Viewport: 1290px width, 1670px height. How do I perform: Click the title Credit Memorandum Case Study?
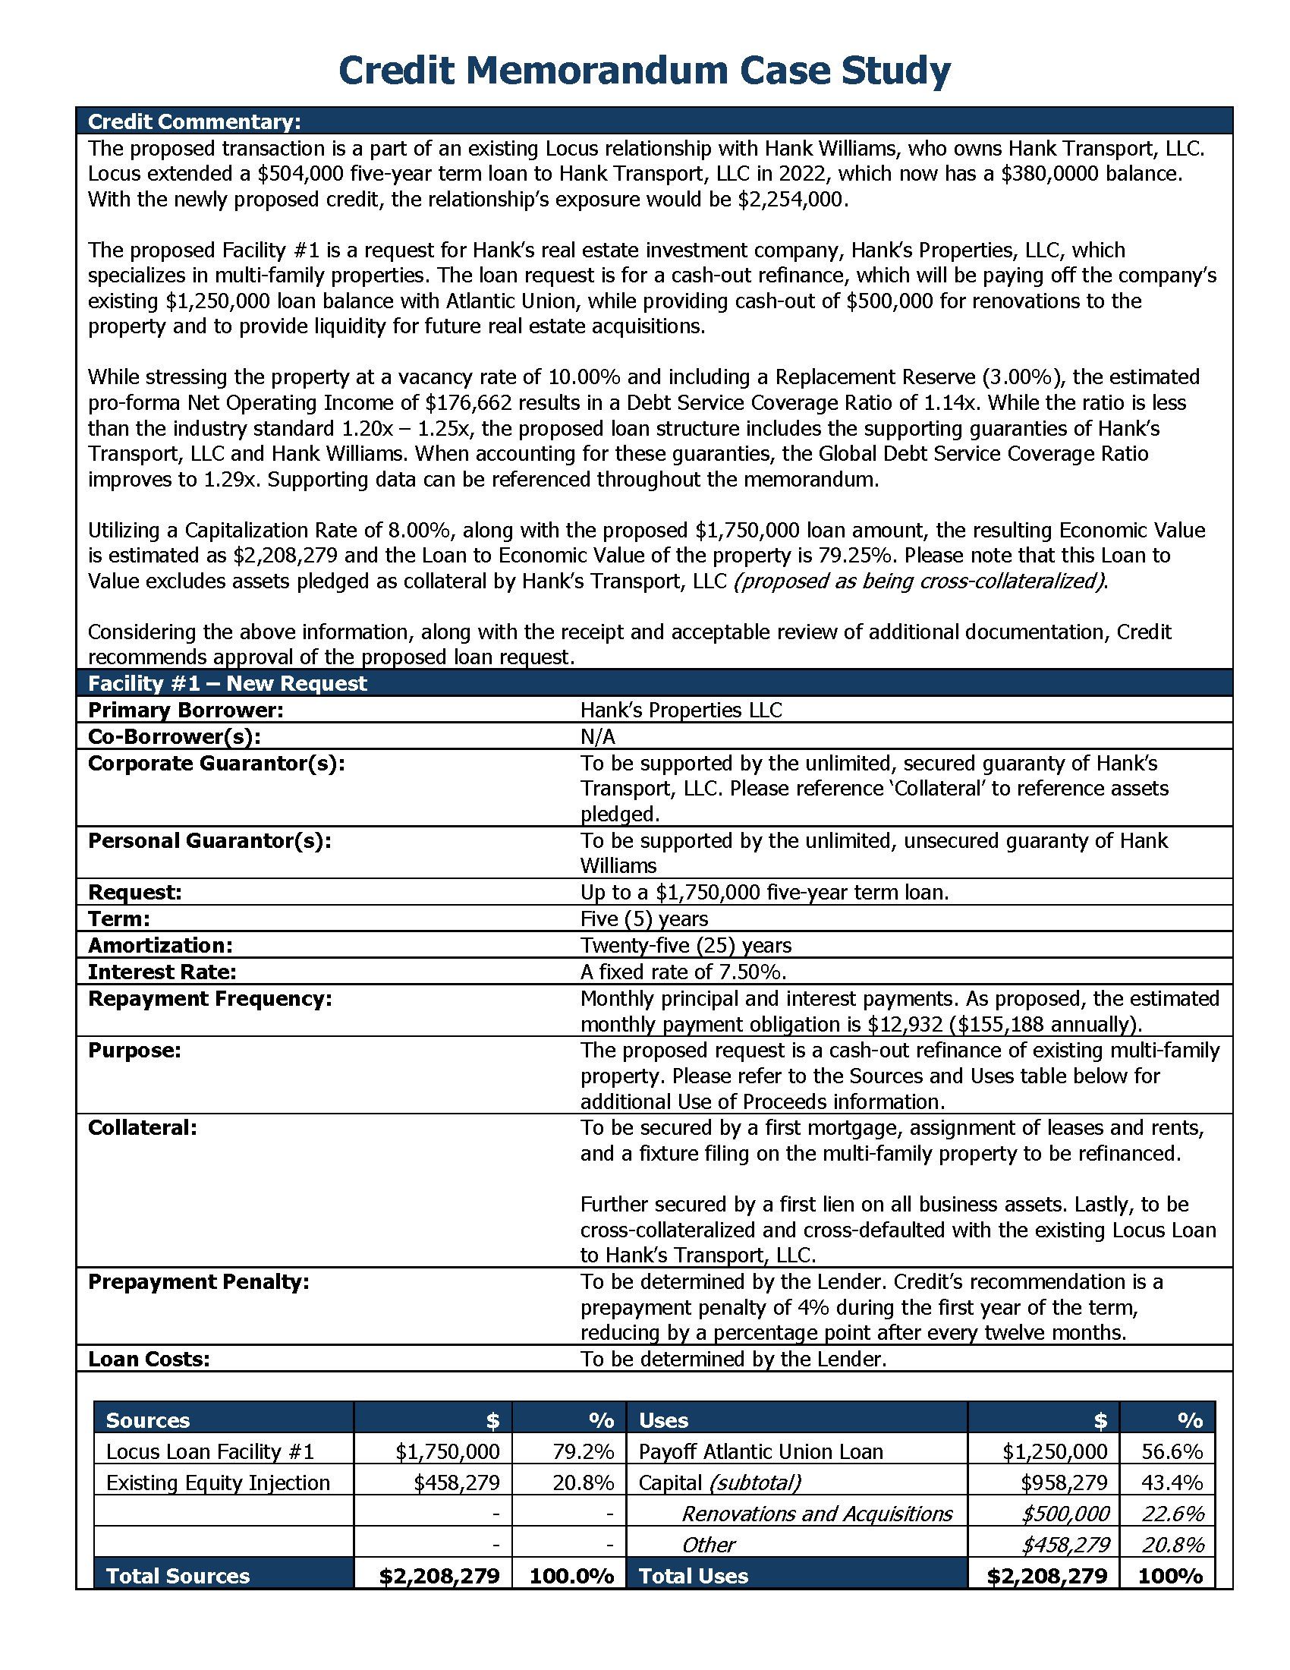tap(644, 71)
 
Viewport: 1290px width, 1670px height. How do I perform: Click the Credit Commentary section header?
tap(194, 121)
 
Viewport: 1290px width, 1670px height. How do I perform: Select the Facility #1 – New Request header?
tap(228, 683)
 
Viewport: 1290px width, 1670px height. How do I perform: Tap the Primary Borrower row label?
tap(186, 710)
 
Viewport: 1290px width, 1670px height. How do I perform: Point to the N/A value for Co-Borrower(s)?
tap(597, 736)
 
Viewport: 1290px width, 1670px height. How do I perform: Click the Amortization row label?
tap(160, 945)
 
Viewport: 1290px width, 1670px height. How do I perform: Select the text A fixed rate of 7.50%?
tap(683, 972)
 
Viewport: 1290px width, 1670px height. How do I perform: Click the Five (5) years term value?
tap(643, 918)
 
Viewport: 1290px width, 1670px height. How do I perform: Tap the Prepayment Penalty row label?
tap(199, 1281)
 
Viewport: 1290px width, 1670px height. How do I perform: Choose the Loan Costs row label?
tap(149, 1359)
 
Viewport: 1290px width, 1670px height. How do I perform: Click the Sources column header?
tap(147, 1420)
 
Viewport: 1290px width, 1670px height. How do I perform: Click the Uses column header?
tap(663, 1420)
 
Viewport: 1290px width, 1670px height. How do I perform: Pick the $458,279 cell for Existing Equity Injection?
tap(456, 1483)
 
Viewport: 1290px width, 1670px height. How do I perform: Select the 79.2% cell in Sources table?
tap(583, 1451)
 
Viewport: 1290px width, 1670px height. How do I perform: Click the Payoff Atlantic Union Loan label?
tap(760, 1451)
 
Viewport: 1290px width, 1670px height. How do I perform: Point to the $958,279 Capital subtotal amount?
tap(1064, 1483)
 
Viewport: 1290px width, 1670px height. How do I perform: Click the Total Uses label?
tap(693, 1576)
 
